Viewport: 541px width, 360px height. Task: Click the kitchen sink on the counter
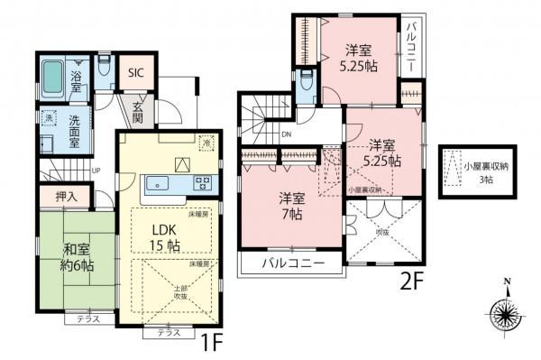pos(161,184)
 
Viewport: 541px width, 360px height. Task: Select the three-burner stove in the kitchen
pos(201,184)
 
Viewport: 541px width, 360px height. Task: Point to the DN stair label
pos(286,134)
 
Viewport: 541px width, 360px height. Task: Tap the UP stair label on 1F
pos(96,170)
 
